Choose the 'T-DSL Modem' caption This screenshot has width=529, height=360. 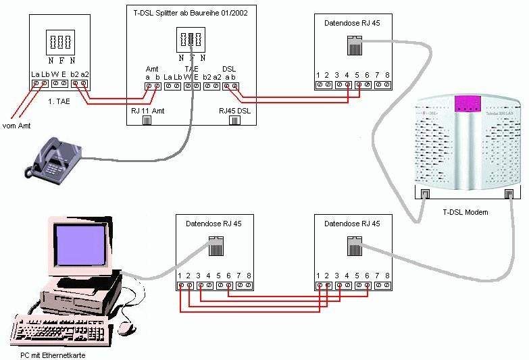click(x=465, y=212)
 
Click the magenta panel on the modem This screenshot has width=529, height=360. click(x=464, y=104)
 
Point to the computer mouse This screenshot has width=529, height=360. click(x=125, y=328)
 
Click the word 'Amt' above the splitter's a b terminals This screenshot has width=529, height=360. click(x=153, y=69)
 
